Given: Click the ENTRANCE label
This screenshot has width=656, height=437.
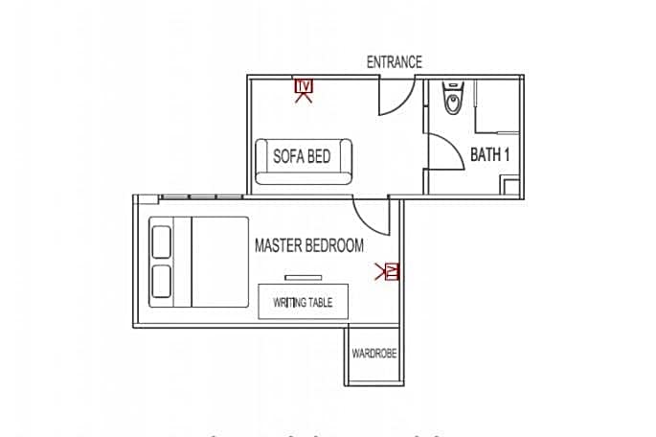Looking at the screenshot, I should point(394,62).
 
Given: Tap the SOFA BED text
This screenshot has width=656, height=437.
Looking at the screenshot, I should point(302,156).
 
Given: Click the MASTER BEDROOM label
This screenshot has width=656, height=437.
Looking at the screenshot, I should point(308,245).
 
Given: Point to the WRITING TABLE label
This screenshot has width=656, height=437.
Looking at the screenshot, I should point(303,303).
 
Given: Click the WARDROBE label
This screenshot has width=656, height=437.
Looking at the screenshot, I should point(373,354).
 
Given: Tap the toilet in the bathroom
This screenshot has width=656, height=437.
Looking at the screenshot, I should point(453,99).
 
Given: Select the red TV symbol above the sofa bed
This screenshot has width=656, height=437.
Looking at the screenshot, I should point(304,89).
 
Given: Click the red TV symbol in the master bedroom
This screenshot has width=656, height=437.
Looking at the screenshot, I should point(390,272).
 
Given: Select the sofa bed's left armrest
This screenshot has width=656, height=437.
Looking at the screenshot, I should point(260,161).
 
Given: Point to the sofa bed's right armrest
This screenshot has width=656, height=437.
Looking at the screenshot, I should point(347,161).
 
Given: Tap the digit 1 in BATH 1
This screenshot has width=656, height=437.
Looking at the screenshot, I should point(504,155).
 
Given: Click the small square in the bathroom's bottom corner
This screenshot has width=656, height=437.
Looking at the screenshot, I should point(511,188).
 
